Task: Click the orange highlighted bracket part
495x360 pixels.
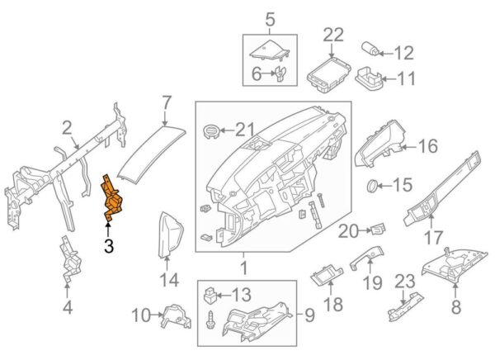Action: [x=112, y=199]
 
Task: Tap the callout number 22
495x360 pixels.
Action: [x=332, y=35]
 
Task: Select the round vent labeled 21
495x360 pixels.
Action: [x=212, y=130]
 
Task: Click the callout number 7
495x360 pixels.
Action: [x=167, y=103]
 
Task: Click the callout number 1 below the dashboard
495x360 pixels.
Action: [x=243, y=268]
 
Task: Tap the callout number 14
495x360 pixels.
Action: [x=168, y=281]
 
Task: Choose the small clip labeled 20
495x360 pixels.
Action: [x=378, y=226]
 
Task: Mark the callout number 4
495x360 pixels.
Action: [x=68, y=309]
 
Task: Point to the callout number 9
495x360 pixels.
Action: [x=309, y=315]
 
